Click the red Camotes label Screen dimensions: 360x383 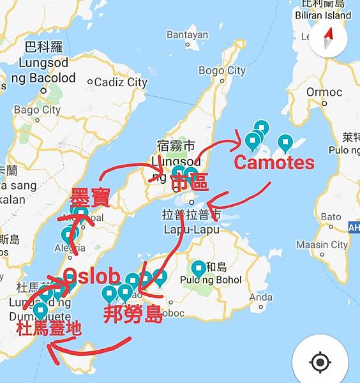pyautogui.click(x=274, y=163)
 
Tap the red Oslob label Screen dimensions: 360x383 pyautogui.click(x=92, y=276)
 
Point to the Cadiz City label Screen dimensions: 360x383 pyautogui.click(x=121, y=82)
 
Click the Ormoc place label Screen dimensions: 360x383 pyautogui.click(x=324, y=92)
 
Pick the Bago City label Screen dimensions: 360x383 pyautogui.click(x=37, y=110)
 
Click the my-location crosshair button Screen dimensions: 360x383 pyautogui.click(x=320, y=363)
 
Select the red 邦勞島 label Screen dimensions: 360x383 pyautogui.click(x=133, y=313)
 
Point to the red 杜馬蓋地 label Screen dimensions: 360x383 pyautogui.click(x=49, y=329)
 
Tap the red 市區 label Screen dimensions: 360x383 pyautogui.click(x=190, y=183)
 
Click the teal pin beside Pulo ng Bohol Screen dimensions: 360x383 pyautogui.click(x=199, y=268)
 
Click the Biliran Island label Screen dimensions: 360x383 pyautogui.click(x=323, y=15)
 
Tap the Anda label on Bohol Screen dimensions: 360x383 pyautogui.click(x=261, y=297)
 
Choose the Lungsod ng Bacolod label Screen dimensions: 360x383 pyautogui.click(x=47, y=71)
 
